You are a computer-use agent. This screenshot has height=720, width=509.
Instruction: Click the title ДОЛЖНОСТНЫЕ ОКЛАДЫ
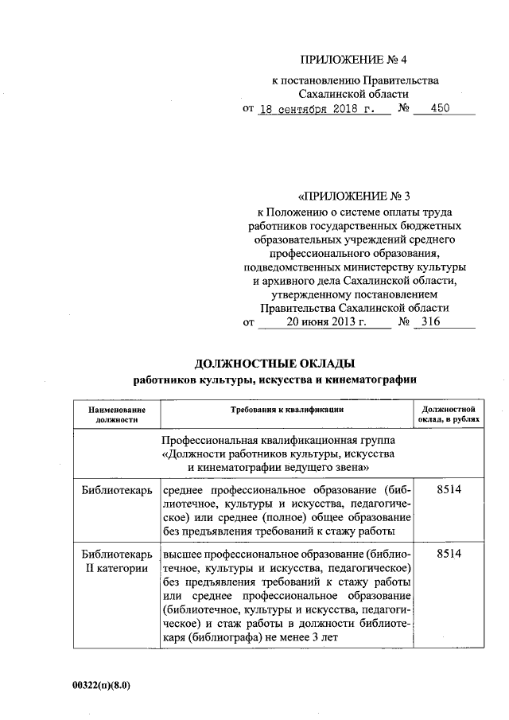pyautogui.click(x=274, y=364)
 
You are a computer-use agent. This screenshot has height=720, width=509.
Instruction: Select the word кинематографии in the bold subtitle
pyautogui.click(x=378, y=379)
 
